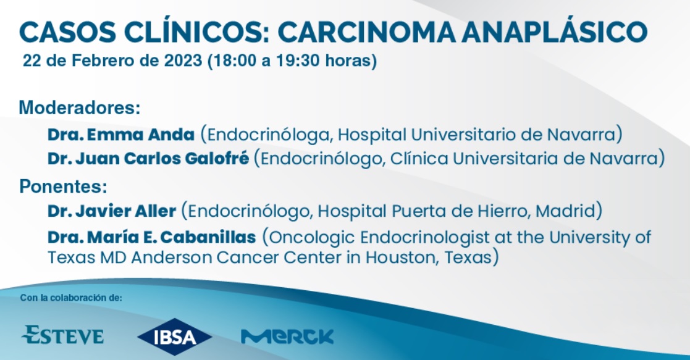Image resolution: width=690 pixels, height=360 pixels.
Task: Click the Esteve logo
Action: point(62,335)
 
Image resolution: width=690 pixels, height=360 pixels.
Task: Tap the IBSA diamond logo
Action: point(175,337)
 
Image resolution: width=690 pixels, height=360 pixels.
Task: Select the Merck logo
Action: point(287,337)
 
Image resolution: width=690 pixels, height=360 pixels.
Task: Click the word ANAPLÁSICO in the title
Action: point(555,31)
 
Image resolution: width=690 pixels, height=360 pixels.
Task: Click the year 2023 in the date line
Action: point(183,61)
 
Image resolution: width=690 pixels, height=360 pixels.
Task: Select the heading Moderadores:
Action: point(80,107)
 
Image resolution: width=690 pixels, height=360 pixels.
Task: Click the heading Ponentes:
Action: point(64,186)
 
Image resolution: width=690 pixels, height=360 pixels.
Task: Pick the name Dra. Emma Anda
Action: point(121,135)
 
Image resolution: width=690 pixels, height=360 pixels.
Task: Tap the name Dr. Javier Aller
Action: point(112,211)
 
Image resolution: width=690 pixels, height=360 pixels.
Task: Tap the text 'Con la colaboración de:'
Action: point(71,298)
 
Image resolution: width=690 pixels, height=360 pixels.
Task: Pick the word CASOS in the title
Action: point(68,33)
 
